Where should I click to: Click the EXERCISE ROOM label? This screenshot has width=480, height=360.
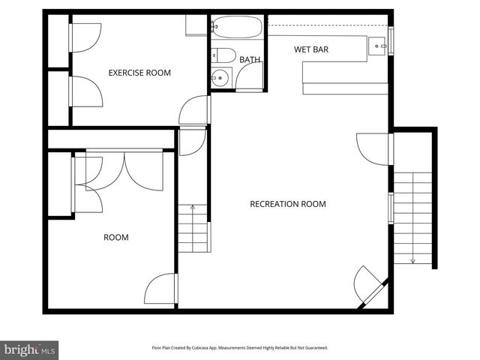coord(139,73)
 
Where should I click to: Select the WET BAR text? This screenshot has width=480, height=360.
coord(311,49)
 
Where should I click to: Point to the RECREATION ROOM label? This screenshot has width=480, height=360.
coord(287,204)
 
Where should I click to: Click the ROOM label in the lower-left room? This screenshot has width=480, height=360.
coord(115,237)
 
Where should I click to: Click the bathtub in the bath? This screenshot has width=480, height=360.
coord(237,28)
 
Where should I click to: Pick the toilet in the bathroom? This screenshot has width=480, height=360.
coord(223,55)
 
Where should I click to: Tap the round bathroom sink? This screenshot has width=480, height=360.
coord(220,76)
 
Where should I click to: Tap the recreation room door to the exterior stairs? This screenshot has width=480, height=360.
coord(373,148)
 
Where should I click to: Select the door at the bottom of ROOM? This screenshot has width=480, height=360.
coord(160,289)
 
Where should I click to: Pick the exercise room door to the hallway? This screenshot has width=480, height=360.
coord(194,110)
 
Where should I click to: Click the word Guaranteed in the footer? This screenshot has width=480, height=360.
coord(313,348)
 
